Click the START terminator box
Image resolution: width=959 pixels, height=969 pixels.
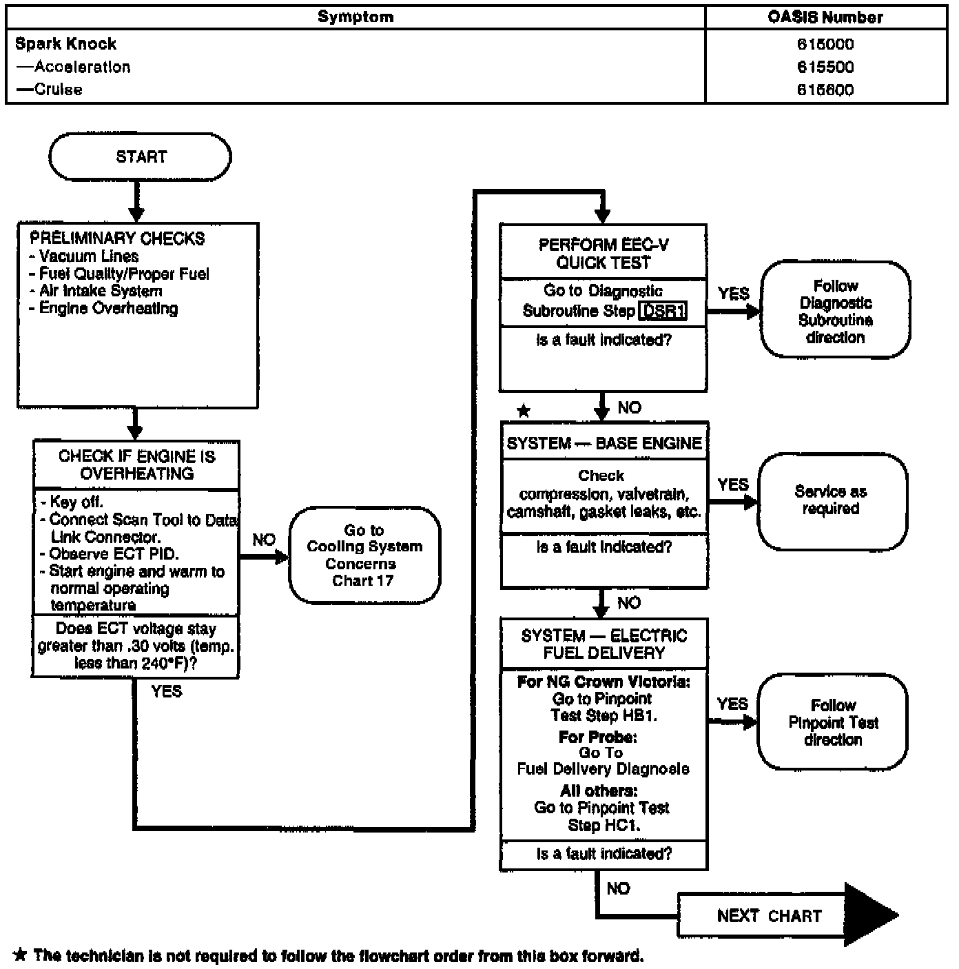tap(141, 157)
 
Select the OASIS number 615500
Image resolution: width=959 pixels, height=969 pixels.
tap(825, 67)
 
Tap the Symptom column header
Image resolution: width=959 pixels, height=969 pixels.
tap(355, 17)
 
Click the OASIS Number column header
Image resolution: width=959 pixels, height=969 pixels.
tap(825, 17)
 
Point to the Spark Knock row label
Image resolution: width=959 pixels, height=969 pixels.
tap(66, 44)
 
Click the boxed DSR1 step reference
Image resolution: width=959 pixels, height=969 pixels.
tap(663, 312)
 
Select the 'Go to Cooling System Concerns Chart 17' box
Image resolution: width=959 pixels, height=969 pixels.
tap(364, 555)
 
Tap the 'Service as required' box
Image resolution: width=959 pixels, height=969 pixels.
tap(831, 500)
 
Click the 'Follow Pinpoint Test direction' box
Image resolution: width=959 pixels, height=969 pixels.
tap(833, 722)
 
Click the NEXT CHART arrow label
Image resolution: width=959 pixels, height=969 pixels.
tap(769, 916)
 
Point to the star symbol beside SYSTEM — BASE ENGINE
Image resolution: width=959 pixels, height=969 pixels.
tap(524, 411)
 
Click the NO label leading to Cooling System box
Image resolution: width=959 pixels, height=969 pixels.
tap(264, 540)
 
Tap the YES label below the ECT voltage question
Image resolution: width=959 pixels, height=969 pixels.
tap(167, 691)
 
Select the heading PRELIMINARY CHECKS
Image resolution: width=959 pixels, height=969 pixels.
tap(117, 238)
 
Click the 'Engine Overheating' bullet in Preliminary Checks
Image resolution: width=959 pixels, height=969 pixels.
tap(107, 309)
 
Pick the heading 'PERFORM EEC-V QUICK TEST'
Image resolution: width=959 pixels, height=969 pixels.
tap(604, 254)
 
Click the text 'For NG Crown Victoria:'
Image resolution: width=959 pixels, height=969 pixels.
tap(604, 682)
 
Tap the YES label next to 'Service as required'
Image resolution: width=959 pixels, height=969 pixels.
tap(732, 485)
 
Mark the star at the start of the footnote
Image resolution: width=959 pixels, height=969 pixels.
tap(21, 955)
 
